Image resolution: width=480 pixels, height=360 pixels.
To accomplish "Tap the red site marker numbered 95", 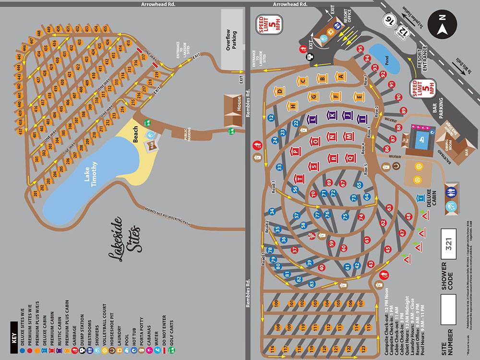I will tap(360, 48).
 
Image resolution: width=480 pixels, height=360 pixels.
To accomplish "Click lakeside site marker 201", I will tap(35, 194).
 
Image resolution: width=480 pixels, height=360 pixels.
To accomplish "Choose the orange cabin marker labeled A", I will tap(340, 76).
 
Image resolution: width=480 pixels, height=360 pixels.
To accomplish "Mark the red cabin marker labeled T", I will tap(300, 179).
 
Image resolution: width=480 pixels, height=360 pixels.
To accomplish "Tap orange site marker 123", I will tap(363, 348).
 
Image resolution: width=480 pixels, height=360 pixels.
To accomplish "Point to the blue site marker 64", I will tap(367, 196).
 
